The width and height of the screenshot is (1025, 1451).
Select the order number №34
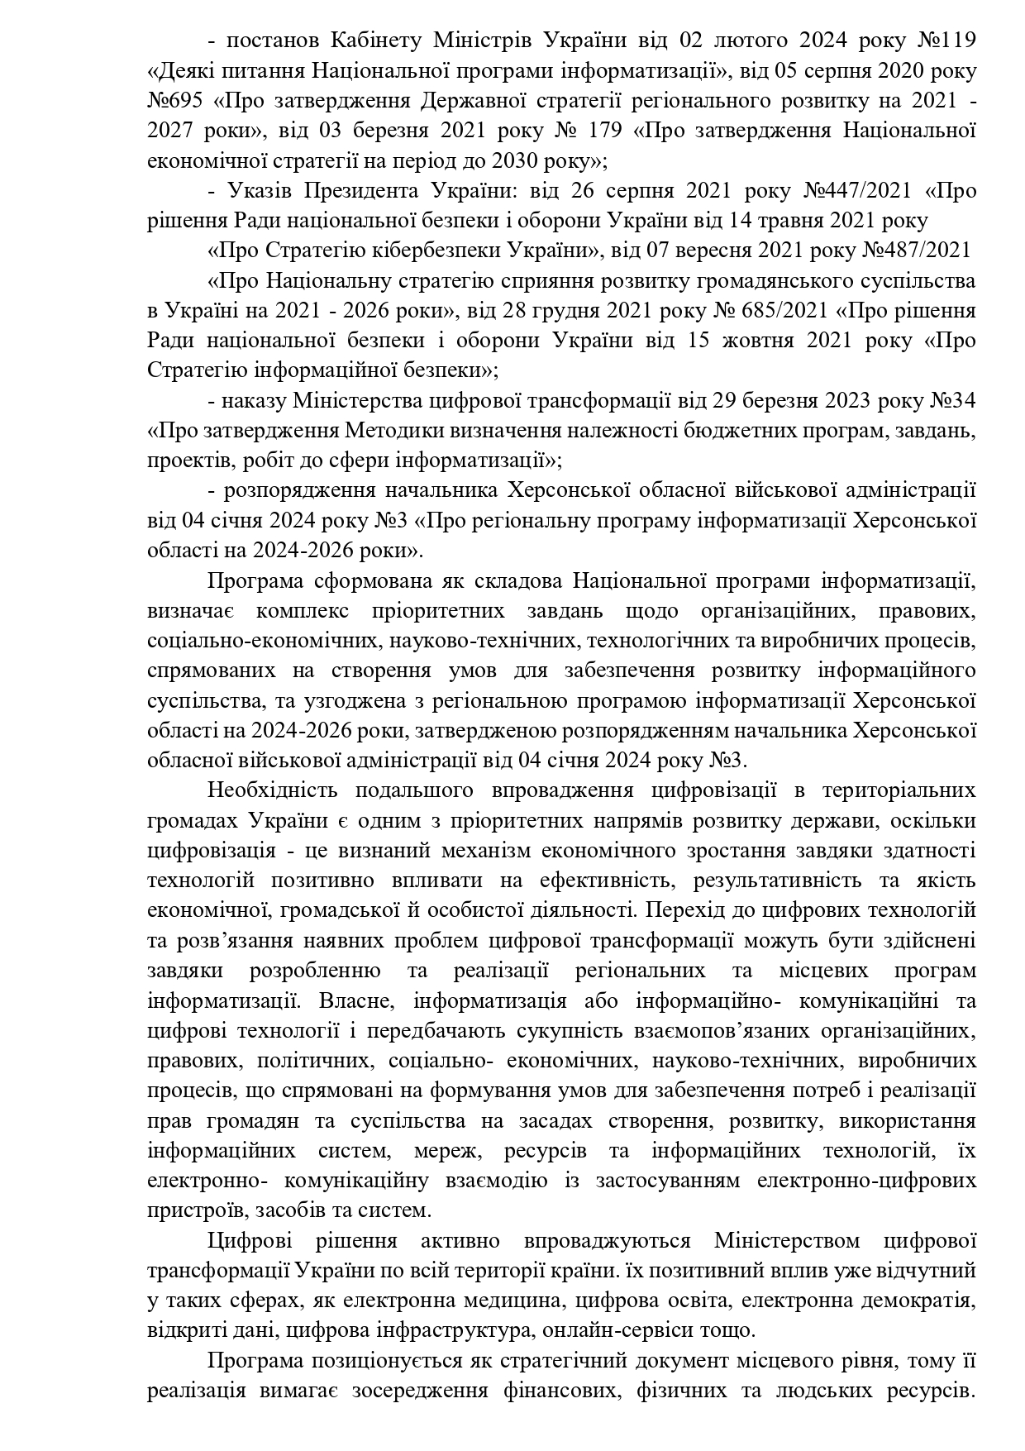click(x=951, y=401)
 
